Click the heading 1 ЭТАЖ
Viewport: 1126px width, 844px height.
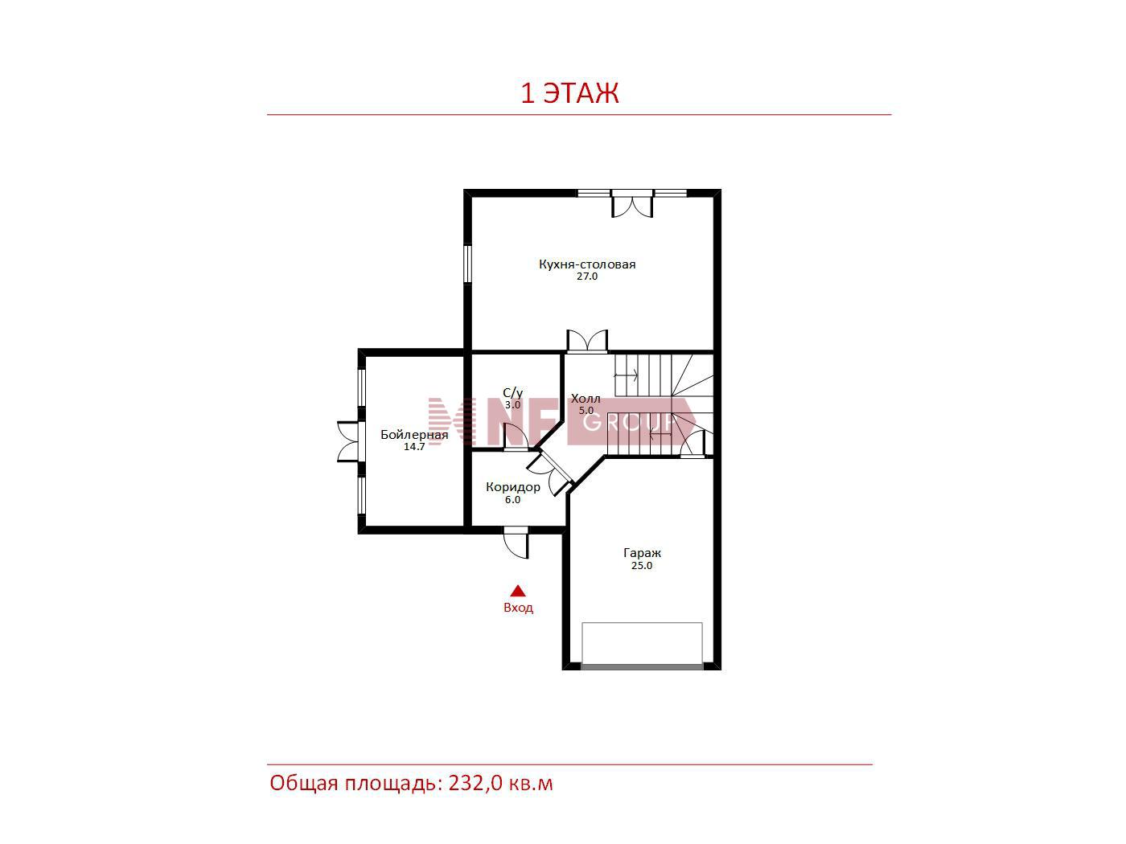point(569,93)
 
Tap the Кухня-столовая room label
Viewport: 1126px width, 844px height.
point(587,264)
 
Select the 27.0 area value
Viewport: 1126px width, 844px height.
point(587,277)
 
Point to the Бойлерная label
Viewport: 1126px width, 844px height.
point(414,435)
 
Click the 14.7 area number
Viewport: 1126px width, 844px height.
point(414,447)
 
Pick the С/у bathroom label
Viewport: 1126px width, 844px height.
point(512,393)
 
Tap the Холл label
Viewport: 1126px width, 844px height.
point(586,399)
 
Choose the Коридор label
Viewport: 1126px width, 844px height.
point(512,487)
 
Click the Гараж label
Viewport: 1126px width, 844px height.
point(642,554)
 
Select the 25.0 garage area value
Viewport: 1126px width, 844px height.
point(642,566)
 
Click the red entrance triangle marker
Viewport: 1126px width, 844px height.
point(518,592)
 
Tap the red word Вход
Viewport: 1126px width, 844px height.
point(518,608)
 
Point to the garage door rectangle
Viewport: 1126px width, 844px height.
point(642,645)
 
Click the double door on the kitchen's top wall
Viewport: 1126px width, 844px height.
point(632,204)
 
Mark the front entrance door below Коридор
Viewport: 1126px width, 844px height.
point(516,543)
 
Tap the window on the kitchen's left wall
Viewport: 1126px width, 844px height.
point(467,264)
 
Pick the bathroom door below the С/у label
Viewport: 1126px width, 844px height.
point(516,437)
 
